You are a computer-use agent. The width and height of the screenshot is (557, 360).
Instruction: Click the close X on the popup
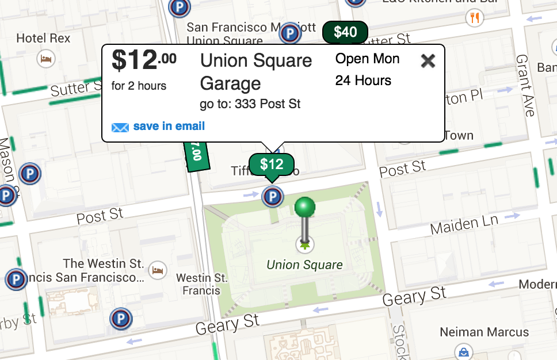[428, 60]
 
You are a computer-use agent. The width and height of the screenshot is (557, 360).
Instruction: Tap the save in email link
[169, 127]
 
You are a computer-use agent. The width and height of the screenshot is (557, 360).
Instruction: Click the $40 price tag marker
[345, 32]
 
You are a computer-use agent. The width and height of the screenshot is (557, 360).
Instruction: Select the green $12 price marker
[272, 165]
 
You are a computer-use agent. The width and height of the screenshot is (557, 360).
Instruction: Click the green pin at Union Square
[305, 208]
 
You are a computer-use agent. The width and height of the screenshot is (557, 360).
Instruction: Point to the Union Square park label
[304, 265]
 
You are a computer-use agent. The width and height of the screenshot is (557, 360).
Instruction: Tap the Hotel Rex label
[43, 39]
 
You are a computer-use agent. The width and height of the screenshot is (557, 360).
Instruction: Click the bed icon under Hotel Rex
[44, 58]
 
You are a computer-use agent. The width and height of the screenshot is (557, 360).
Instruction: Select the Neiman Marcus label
[484, 332]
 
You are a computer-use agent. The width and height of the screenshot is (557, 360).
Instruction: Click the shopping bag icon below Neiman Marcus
[462, 351]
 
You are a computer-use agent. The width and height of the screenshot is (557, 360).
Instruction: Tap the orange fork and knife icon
[475, 18]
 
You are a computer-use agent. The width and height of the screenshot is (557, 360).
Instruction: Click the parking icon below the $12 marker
[272, 197]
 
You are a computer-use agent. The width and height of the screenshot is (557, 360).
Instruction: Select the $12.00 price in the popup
[144, 60]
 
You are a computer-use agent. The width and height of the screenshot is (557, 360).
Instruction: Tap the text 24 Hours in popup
[363, 81]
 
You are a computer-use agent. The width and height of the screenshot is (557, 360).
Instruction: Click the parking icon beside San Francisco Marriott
[289, 33]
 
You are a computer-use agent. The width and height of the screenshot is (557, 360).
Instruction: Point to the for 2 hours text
[139, 86]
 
